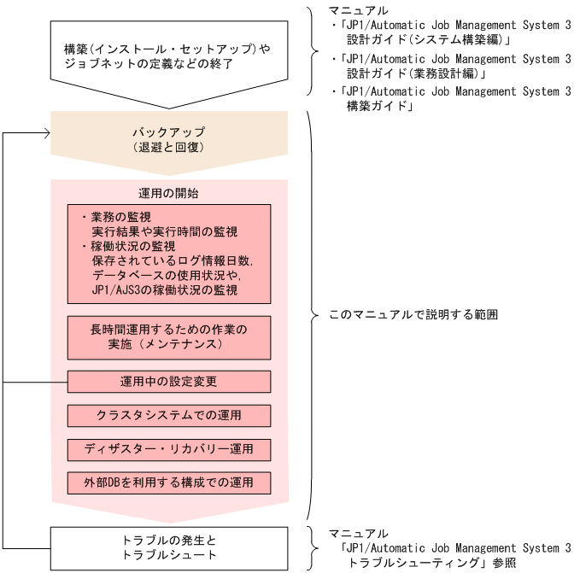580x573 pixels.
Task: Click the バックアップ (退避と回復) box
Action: pos(168,139)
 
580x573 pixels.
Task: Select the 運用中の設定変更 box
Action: pos(168,381)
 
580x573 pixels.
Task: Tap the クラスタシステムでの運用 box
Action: pos(168,415)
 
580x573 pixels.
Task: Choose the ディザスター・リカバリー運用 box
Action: pos(168,449)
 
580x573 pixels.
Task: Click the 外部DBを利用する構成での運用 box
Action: pos(168,482)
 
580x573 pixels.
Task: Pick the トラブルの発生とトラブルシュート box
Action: pos(169,547)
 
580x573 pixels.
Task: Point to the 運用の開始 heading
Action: pos(168,193)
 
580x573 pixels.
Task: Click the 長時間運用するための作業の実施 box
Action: pos(168,336)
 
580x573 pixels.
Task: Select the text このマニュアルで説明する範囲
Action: pos(413,315)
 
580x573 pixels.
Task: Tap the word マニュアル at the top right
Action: pos(359,10)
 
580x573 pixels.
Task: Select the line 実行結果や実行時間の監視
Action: pos(164,231)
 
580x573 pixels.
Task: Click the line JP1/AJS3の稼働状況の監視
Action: pos(164,290)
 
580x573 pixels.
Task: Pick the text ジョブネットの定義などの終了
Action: pos(148,64)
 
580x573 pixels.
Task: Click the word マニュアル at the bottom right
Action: pos(359,534)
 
